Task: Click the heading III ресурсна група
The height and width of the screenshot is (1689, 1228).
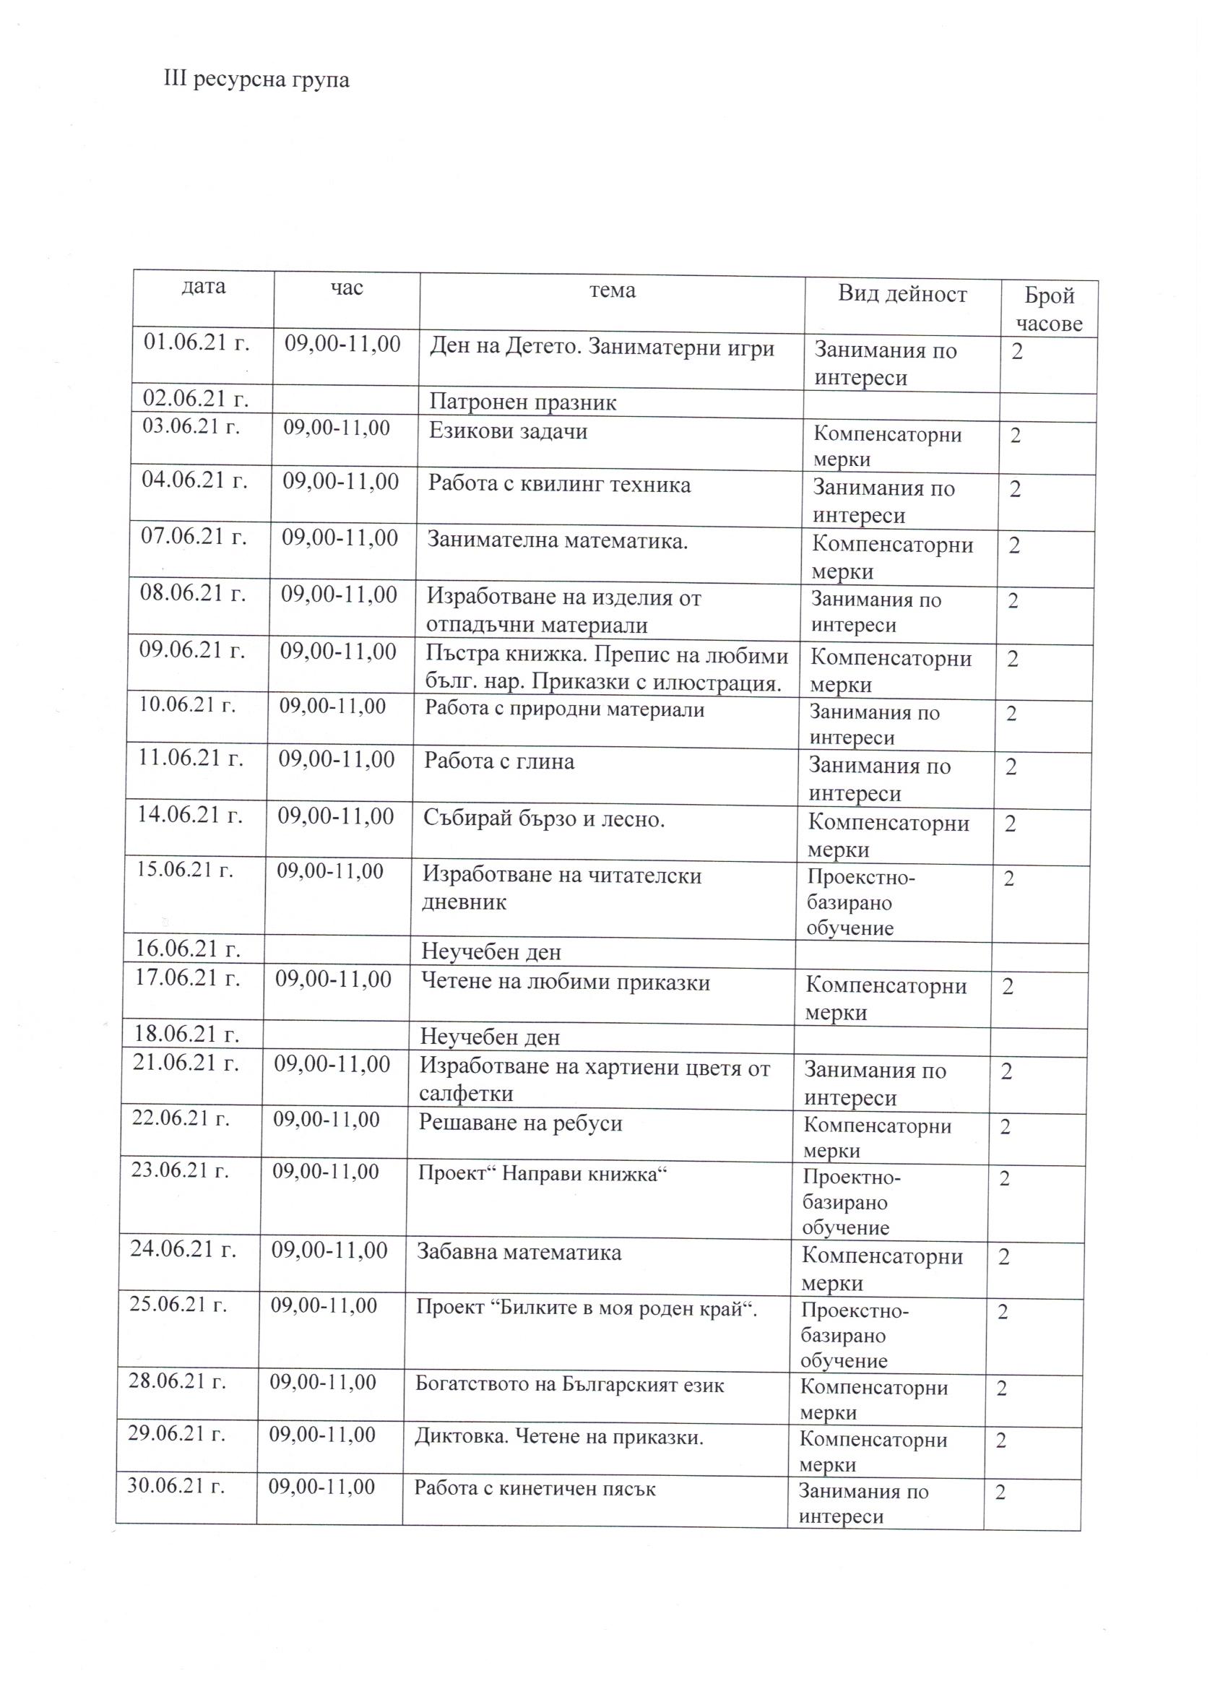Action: pyautogui.click(x=256, y=79)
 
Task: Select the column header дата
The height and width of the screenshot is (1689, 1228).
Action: pyautogui.click(x=203, y=287)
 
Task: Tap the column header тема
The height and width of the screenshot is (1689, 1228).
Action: pyautogui.click(x=612, y=290)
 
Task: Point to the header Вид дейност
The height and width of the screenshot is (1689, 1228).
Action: pyautogui.click(x=901, y=293)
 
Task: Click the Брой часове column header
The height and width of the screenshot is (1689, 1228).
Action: pyautogui.click(x=1049, y=309)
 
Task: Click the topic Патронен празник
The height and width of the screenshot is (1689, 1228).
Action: pyautogui.click(x=523, y=403)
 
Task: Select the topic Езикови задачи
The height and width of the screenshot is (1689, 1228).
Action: pyautogui.click(x=508, y=431)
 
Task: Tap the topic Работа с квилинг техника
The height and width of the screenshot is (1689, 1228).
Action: pyautogui.click(x=558, y=485)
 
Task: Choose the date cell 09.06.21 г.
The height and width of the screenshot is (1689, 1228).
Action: pyautogui.click(x=192, y=649)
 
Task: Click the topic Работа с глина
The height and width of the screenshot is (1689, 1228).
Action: pyautogui.click(x=499, y=761)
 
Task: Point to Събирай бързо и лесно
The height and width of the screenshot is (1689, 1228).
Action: pyautogui.click(x=544, y=818)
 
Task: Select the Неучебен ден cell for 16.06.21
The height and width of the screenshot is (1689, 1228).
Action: pyautogui.click(x=490, y=951)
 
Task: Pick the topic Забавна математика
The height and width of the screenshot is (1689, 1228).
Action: pyautogui.click(x=519, y=1252)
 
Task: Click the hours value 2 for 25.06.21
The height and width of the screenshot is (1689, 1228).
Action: pyautogui.click(x=1003, y=1311)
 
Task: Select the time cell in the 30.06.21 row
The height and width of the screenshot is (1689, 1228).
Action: pyautogui.click(x=321, y=1487)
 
